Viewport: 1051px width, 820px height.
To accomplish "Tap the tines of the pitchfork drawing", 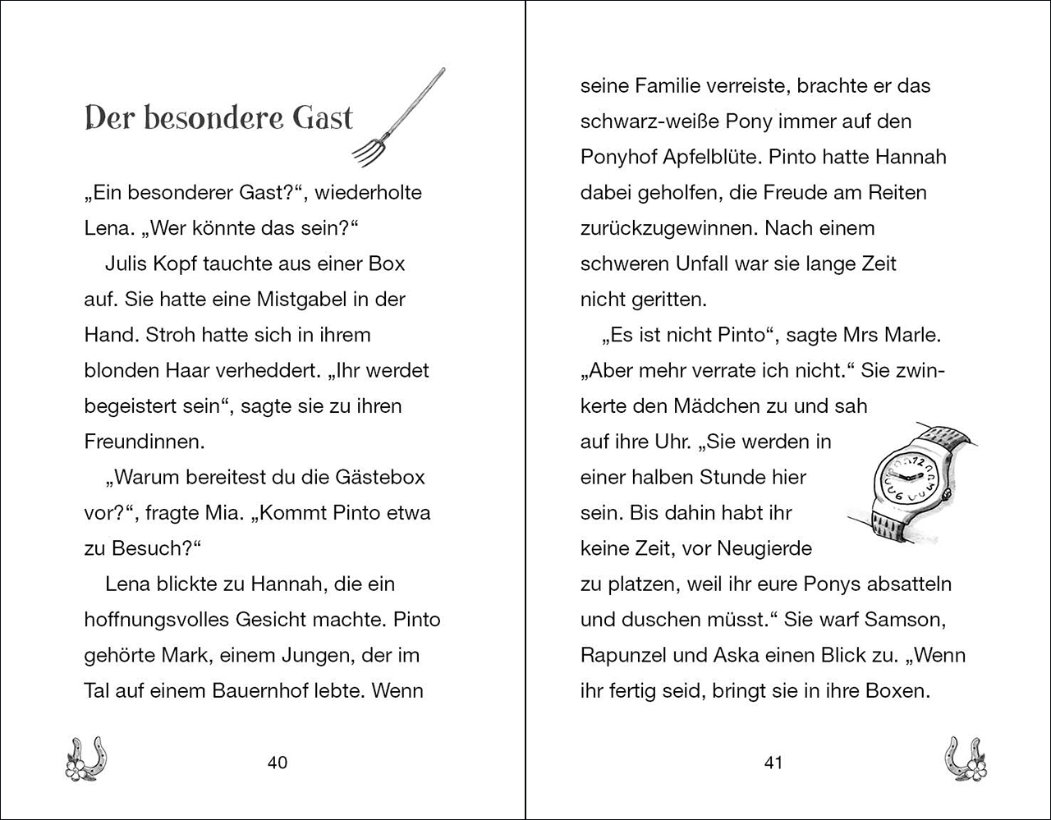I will tap(369, 149).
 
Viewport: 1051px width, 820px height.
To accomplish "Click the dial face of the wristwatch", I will tap(906, 477).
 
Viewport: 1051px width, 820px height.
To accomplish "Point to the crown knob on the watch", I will tap(945, 492).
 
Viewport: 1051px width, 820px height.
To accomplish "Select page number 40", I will tap(278, 763).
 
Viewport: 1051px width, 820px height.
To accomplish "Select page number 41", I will tap(773, 763).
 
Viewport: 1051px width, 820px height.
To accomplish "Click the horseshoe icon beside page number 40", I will tap(86, 758).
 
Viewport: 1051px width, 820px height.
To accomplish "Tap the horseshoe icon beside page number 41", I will tap(966, 758).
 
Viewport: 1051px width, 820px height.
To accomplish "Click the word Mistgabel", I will tap(296, 300).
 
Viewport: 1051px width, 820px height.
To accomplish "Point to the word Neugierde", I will tap(764, 548).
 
